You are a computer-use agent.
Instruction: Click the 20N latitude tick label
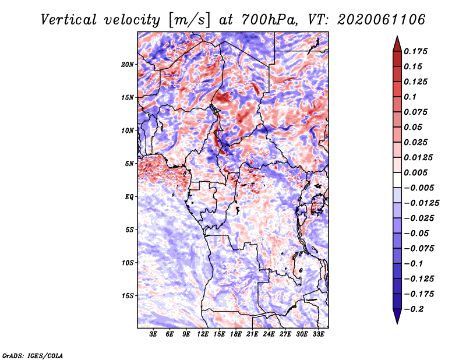(128, 65)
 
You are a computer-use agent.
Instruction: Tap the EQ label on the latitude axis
(129, 197)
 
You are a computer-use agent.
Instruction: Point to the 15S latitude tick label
(128, 296)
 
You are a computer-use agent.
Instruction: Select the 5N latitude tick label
(129, 164)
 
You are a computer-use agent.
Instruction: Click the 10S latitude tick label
(128, 263)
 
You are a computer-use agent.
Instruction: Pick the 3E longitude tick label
(153, 334)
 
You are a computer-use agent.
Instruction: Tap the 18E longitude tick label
(236, 334)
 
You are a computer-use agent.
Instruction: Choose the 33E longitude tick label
(318, 334)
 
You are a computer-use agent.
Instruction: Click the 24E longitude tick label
(269, 334)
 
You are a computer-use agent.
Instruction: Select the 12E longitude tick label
(203, 334)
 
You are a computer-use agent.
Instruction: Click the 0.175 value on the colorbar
(415, 51)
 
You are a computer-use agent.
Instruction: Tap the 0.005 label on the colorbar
(415, 172)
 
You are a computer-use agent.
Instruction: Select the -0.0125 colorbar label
(421, 203)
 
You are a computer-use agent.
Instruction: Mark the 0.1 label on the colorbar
(410, 97)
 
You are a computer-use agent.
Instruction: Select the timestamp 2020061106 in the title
(381, 20)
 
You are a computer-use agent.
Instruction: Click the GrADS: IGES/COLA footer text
(33, 355)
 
